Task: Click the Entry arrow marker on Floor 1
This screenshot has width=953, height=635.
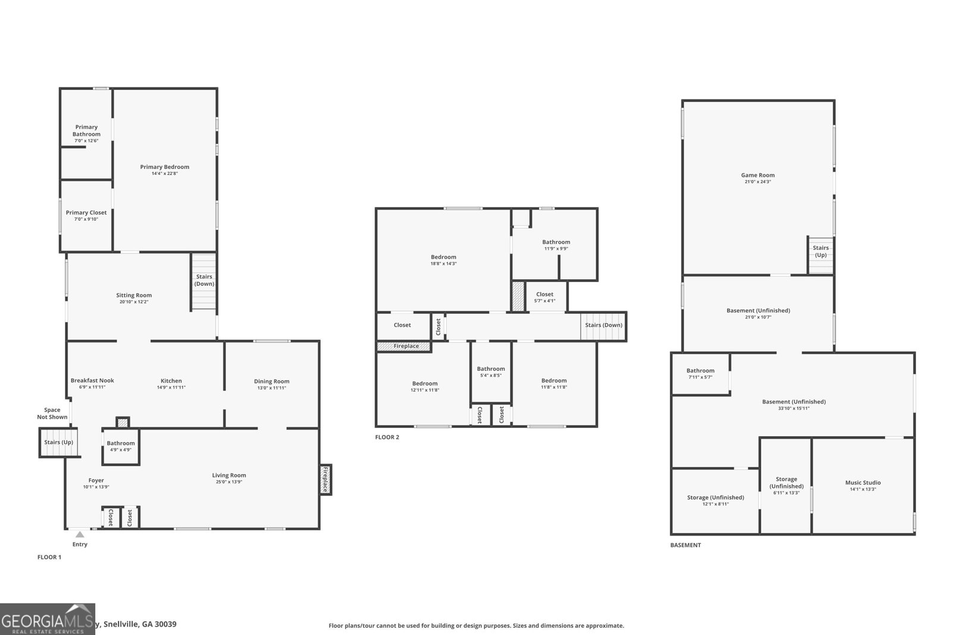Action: pyautogui.click(x=80, y=534)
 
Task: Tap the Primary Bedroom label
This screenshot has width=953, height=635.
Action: pyautogui.click(x=164, y=167)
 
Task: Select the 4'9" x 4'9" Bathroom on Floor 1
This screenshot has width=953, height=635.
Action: pyautogui.click(x=121, y=446)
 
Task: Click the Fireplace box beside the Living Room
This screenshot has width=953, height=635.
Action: pyautogui.click(x=325, y=479)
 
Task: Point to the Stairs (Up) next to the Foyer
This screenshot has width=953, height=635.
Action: pyautogui.click(x=59, y=443)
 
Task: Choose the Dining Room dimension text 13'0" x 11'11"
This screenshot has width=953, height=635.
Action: pyautogui.click(x=272, y=388)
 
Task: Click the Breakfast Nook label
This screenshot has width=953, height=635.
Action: pyautogui.click(x=92, y=381)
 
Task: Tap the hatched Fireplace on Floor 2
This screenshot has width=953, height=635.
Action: pyautogui.click(x=404, y=346)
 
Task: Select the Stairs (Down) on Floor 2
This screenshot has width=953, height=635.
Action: pyautogui.click(x=603, y=326)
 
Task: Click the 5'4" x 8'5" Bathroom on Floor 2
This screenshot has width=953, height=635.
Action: pyautogui.click(x=491, y=372)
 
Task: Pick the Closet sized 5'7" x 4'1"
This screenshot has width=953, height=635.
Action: pyautogui.click(x=545, y=296)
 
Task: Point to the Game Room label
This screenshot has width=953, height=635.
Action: pyautogui.click(x=758, y=176)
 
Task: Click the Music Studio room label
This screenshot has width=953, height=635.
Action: pyautogui.click(x=862, y=483)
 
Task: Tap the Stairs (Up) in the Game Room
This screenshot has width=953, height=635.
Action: pyautogui.click(x=821, y=252)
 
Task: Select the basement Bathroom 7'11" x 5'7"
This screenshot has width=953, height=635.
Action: pyautogui.click(x=700, y=373)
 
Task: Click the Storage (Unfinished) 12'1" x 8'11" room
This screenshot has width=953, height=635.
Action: pyautogui.click(x=715, y=500)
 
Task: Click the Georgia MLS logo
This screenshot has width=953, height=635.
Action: pyautogui.click(x=47, y=619)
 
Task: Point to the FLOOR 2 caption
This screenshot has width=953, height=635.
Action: pyautogui.click(x=387, y=437)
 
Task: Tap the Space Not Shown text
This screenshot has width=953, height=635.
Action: pyautogui.click(x=52, y=414)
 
